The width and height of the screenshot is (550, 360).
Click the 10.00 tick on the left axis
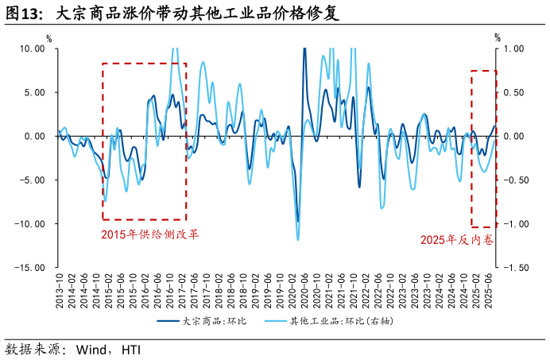(x=33, y=48)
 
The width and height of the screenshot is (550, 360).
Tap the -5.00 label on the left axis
(x=33, y=180)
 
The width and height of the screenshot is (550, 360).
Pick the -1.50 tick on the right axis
(x=513, y=268)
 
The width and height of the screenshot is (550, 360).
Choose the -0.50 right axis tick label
(x=513, y=180)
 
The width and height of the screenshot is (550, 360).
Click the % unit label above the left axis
(x=48, y=37)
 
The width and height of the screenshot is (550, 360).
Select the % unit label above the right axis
(x=498, y=37)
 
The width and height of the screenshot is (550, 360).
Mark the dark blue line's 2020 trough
(x=298, y=222)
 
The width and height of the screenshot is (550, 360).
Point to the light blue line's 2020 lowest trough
(x=298, y=239)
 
